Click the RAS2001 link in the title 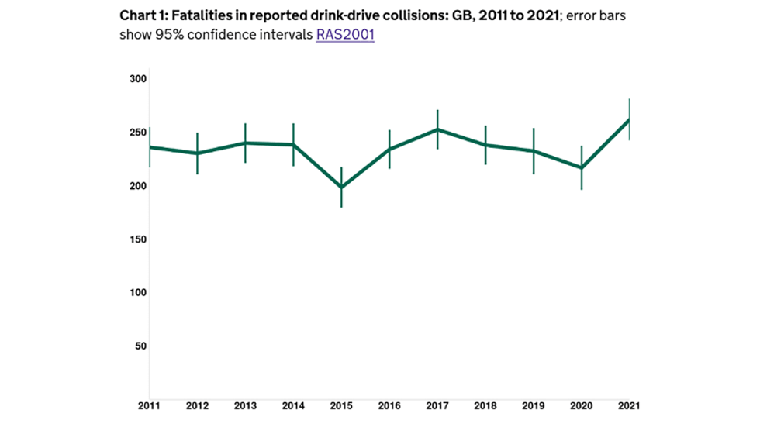(344, 35)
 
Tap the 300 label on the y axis (138, 79)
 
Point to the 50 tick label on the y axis (141, 346)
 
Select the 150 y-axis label (138, 239)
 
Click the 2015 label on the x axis (341, 406)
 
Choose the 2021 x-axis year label (628, 406)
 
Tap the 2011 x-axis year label (150, 406)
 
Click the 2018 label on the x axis (485, 406)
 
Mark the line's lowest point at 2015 (341, 188)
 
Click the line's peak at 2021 (629, 119)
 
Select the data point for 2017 (437, 129)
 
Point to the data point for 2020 (581, 167)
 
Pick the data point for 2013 (246, 143)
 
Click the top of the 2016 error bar (389, 130)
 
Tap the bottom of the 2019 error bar (533, 174)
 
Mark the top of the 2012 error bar (198, 133)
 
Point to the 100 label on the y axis (138, 292)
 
